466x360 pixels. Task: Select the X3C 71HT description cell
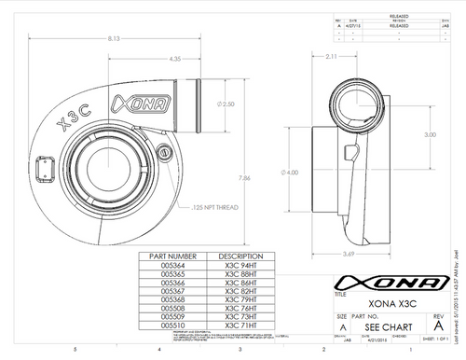click(x=231, y=326)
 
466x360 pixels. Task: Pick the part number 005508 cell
click(x=172, y=309)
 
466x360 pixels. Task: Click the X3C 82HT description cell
click(x=231, y=290)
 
